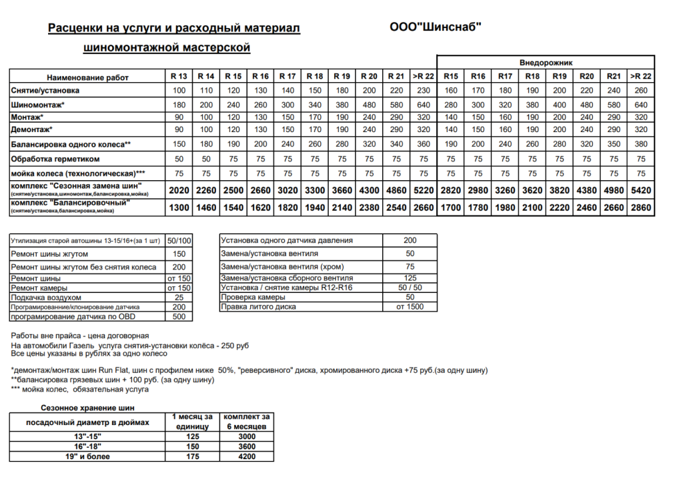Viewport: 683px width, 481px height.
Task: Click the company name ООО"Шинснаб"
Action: pos(434,27)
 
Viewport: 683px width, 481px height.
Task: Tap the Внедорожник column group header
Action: pos(545,61)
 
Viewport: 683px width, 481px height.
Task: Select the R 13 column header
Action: pos(179,76)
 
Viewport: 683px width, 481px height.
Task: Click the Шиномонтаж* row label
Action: pos(38,105)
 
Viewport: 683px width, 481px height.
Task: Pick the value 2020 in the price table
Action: pos(179,190)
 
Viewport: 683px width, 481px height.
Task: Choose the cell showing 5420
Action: pos(640,190)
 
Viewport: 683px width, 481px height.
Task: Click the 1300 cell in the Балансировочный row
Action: pos(179,207)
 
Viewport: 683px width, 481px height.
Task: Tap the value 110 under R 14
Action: pos(206,90)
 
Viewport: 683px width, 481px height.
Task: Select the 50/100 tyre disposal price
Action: pos(179,240)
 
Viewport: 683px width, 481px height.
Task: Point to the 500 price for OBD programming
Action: pos(179,316)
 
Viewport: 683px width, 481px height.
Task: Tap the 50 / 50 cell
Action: pos(410,287)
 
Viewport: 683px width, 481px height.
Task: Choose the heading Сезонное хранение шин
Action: pos(87,406)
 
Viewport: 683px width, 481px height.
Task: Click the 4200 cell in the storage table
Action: pos(246,456)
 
